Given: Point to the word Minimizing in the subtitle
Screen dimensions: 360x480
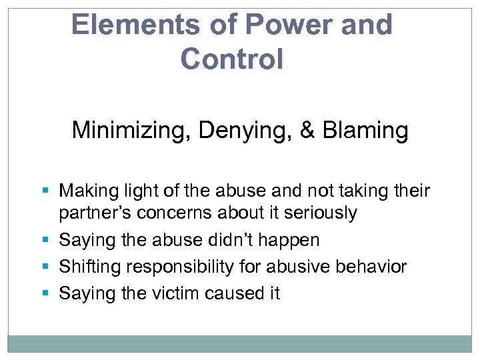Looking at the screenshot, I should [125, 130].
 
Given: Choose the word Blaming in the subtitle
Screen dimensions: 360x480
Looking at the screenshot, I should [366, 130].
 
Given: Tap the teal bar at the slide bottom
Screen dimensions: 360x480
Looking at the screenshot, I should [240, 343].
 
